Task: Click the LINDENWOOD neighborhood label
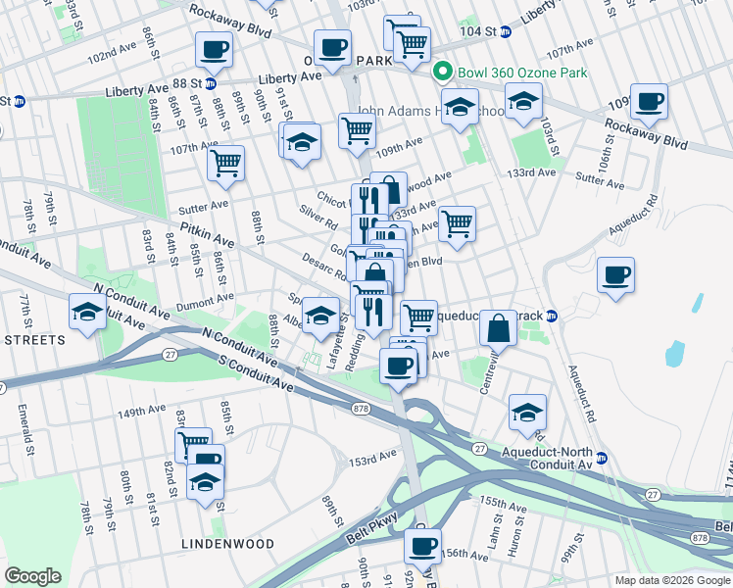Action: pyautogui.click(x=220, y=542)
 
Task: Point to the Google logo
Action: pyautogui.click(x=32, y=576)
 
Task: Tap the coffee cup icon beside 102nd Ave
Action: pyautogui.click(x=214, y=49)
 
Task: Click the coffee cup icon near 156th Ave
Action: pyautogui.click(x=422, y=546)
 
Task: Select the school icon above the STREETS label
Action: pyautogui.click(x=87, y=313)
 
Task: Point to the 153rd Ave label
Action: pyautogui.click(x=375, y=459)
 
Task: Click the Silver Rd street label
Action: pyautogui.click(x=319, y=217)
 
